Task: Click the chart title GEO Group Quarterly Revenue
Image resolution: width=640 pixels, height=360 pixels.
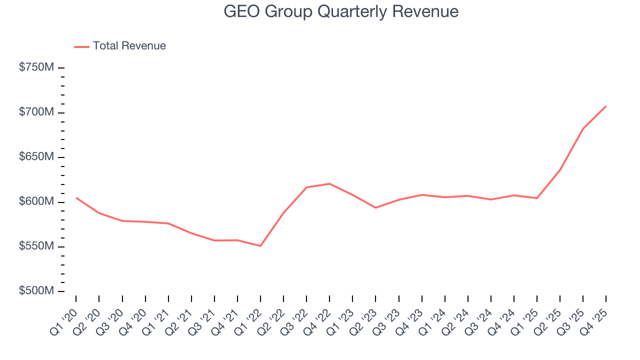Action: pyautogui.click(x=341, y=11)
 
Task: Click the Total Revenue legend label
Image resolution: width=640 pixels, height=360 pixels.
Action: pyautogui.click(x=129, y=46)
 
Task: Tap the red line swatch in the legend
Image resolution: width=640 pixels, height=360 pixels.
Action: pyautogui.click(x=81, y=46)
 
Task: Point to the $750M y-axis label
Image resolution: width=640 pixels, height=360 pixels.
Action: pyautogui.click(x=36, y=67)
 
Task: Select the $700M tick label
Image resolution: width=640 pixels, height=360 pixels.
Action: pyautogui.click(x=36, y=112)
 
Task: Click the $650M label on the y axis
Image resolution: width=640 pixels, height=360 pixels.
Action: pyautogui.click(x=36, y=157)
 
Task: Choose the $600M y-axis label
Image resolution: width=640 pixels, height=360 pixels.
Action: pyautogui.click(x=36, y=201)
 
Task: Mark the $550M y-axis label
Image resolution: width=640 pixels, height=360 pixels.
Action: pyautogui.click(x=36, y=246)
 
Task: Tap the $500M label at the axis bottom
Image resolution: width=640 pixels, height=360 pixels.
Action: pyautogui.click(x=36, y=291)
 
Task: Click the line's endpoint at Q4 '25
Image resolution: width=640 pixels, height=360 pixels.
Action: pyautogui.click(x=606, y=106)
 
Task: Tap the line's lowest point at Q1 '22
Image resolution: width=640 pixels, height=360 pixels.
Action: pyautogui.click(x=260, y=246)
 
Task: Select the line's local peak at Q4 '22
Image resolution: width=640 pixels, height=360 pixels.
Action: pyautogui.click(x=329, y=183)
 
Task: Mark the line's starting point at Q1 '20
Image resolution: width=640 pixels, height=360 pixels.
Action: pyautogui.click(x=76, y=197)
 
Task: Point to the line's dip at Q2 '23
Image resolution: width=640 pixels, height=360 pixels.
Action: pyautogui.click(x=375, y=207)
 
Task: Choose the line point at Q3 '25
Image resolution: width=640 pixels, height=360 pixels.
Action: pyautogui.click(x=583, y=128)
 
